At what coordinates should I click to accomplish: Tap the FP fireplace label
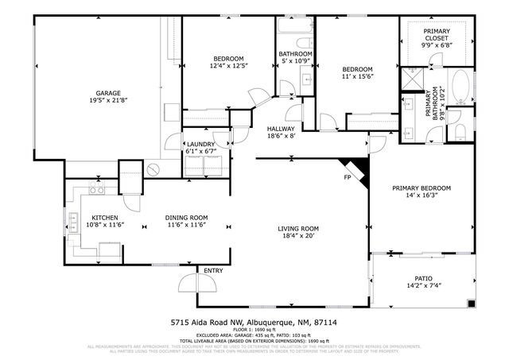[x=348, y=177]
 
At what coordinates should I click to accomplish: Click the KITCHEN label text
[x=105, y=218]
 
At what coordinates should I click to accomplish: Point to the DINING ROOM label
[x=186, y=218]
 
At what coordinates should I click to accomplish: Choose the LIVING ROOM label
[x=298, y=230]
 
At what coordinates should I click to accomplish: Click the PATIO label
[x=424, y=278]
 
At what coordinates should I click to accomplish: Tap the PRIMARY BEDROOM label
[x=422, y=188]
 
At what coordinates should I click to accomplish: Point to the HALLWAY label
[x=280, y=129]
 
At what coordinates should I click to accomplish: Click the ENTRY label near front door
[x=213, y=271]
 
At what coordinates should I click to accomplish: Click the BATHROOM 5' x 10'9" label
[x=294, y=54]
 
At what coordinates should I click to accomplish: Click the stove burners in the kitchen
[x=96, y=191]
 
